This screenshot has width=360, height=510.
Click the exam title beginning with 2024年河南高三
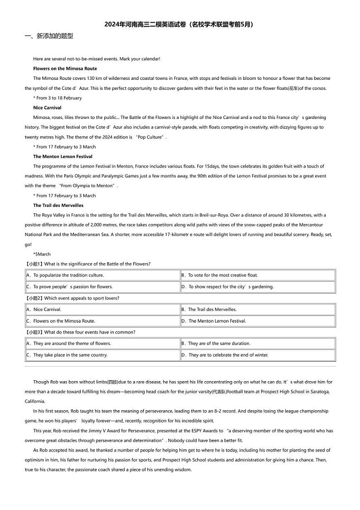tap(180, 25)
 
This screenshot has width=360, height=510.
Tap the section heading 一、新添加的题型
tap(49, 36)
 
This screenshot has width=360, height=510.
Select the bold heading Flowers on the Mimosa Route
tap(65, 69)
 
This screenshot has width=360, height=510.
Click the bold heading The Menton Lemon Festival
tap(63, 157)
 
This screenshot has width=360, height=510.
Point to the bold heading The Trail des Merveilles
tap(58, 205)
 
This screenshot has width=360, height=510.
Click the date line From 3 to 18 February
tap(58, 98)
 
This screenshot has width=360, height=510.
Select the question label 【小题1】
tap(34, 264)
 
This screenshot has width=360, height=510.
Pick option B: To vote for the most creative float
tap(223, 275)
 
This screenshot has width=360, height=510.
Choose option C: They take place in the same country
tap(70, 355)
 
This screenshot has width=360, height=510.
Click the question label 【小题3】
tap(34, 332)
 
